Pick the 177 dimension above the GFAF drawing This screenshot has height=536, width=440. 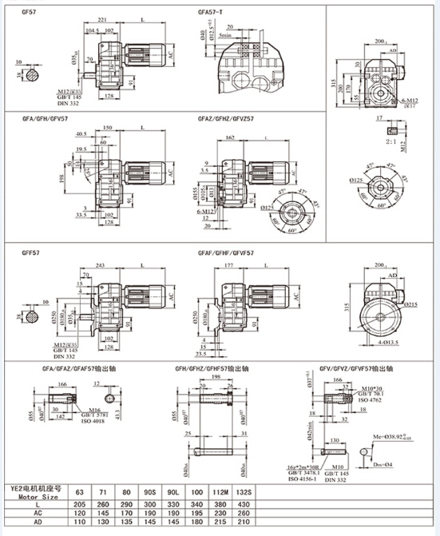click(x=228, y=265)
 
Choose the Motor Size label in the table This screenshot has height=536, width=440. click(x=31, y=494)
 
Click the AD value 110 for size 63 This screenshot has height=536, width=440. click(x=79, y=522)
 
